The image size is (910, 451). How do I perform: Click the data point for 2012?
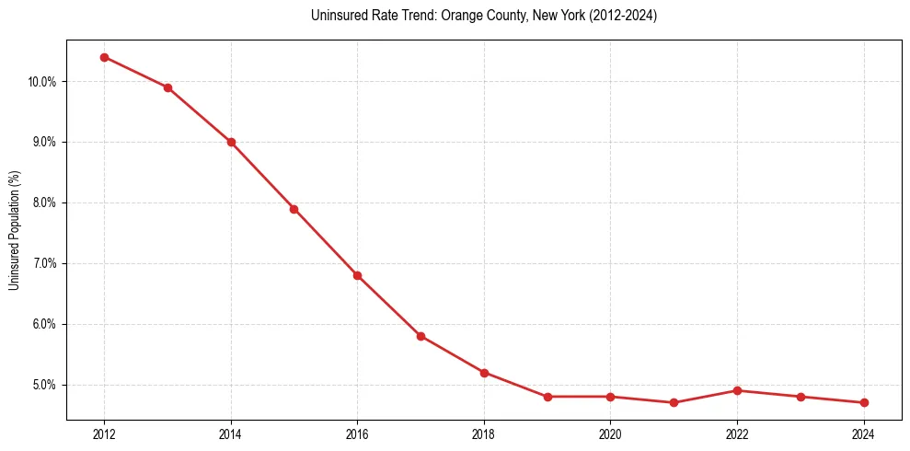pyautogui.click(x=104, y=57)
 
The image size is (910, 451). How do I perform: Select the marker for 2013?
pyautogui.click(x=167, y=87)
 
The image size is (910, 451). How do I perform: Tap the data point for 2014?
pyautogui.click(x=231, y=142)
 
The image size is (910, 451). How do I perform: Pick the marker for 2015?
pyautogui.click(x=294, y=209)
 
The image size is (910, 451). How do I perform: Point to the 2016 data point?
pyautogui.click(x=357, y=275)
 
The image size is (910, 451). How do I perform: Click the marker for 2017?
pyautogui.click(x=420, y=336)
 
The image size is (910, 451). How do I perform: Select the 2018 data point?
pyautogui.click(x=484, y=373)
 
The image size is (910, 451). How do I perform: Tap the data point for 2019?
pyautogui.click(x=547, y=397)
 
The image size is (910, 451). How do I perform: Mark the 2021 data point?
pyautogui.click(x=674, y=402)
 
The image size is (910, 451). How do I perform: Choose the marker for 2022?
pyautogui.click(x=737, y=390)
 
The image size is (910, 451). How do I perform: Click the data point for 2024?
pyautogui.click(x=864, y=402)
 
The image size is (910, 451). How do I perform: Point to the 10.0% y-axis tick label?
pyautogui.click(x=41, y=82)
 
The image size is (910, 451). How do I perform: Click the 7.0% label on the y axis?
pyautogui.click(x=43, y=263)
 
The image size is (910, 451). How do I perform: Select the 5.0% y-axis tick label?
pyautogui.click(x=43, y=385)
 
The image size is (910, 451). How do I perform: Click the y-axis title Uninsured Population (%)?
pyautogui.click(x=15, y=230)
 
